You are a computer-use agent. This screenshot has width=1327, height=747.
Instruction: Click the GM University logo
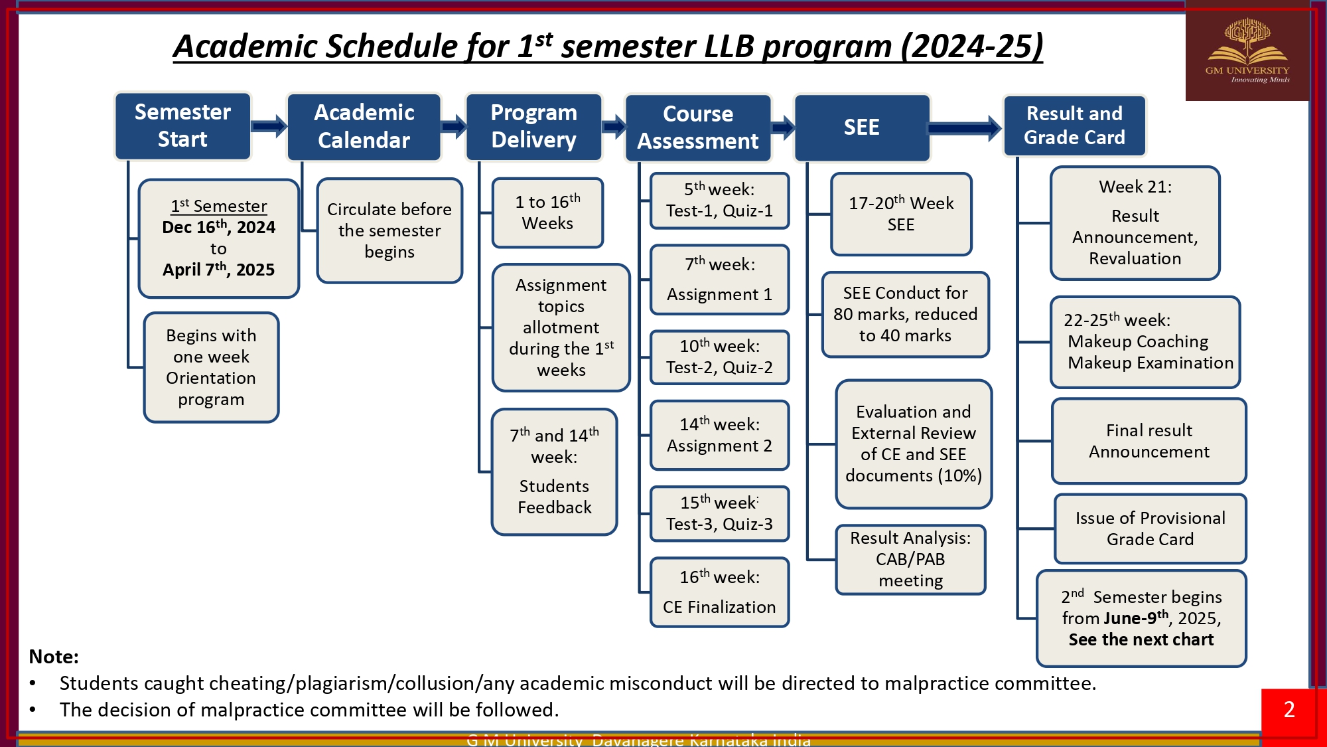[1247, 52]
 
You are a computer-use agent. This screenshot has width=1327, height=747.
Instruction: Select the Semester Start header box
[182, 126]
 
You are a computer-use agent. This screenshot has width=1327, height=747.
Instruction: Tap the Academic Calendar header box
[364, 127]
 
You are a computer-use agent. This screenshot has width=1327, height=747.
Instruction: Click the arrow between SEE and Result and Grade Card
[965, 128]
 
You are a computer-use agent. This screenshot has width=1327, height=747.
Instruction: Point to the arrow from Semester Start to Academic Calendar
[269, 125]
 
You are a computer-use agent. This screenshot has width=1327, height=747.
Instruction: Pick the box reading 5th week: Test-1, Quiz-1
[719, 201]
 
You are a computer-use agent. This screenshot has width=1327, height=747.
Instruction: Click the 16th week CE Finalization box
[719, 592]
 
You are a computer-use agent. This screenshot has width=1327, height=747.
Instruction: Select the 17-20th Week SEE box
[901, 214]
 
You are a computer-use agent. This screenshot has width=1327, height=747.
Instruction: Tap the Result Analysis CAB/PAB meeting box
[910, 559]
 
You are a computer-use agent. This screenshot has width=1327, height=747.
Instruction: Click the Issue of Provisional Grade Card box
[1150, 529]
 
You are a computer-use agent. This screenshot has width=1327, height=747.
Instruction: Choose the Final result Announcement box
[1149, 441]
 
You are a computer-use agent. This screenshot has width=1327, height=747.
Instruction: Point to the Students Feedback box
[554, 472]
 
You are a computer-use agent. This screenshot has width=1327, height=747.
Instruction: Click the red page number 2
[1289, 710]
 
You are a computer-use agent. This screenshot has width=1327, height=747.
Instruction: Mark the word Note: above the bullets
[54, 657]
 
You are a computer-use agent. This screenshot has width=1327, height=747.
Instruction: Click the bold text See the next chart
[1141, 639]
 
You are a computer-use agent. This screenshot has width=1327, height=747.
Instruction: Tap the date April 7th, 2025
[218, 270]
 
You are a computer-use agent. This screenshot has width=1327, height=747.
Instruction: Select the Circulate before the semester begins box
[389, 230]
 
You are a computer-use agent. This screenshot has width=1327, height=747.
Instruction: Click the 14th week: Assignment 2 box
[719, 435]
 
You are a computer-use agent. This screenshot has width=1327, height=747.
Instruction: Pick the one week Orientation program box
[211, 367]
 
